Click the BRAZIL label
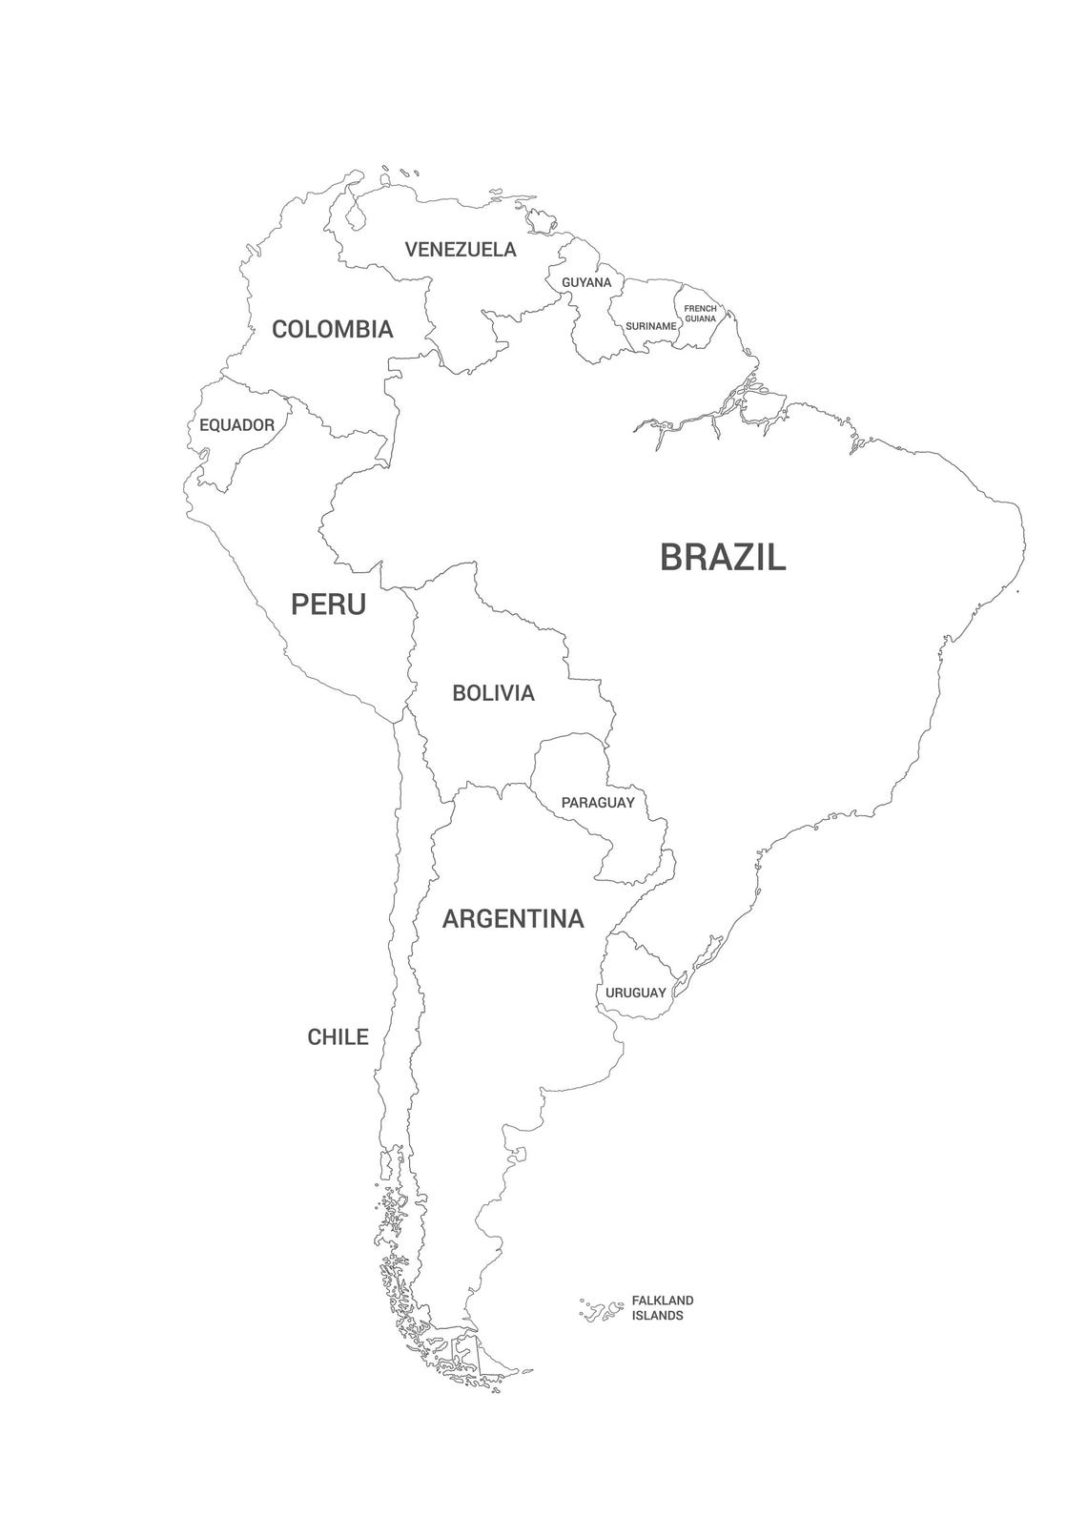(723, 557)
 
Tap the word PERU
(328, 604)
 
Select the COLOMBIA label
(332, 329)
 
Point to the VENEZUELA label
(461, 250)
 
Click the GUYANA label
(586, 283)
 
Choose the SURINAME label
(650, 326)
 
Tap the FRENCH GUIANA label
(700, 313)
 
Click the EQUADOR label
(236, 425)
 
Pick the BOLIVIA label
(493, 693)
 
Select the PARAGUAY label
(597, 803)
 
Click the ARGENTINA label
(513, 919)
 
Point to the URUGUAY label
(635, 993)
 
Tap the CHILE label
(338, 1036)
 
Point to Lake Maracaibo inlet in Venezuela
(355, 215)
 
